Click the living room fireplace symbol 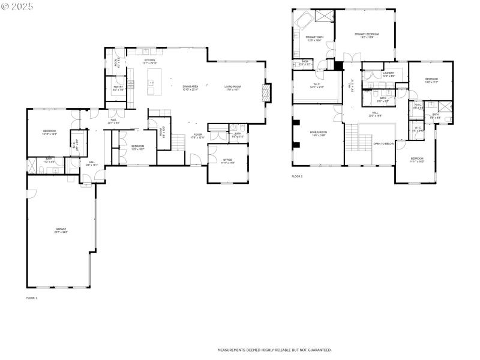(x=267, y=93)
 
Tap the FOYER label (x=197, y=136)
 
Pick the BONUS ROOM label (x=318, y=133)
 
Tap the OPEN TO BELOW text (x=383, y=143)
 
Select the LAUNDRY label (x=389, y=74)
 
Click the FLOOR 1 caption (x=32, y=298)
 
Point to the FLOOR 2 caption (x=298, y=176)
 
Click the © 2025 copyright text (x=17, y=6)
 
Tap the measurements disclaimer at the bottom (x=274, y=350)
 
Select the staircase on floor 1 (x=179, y=142)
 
